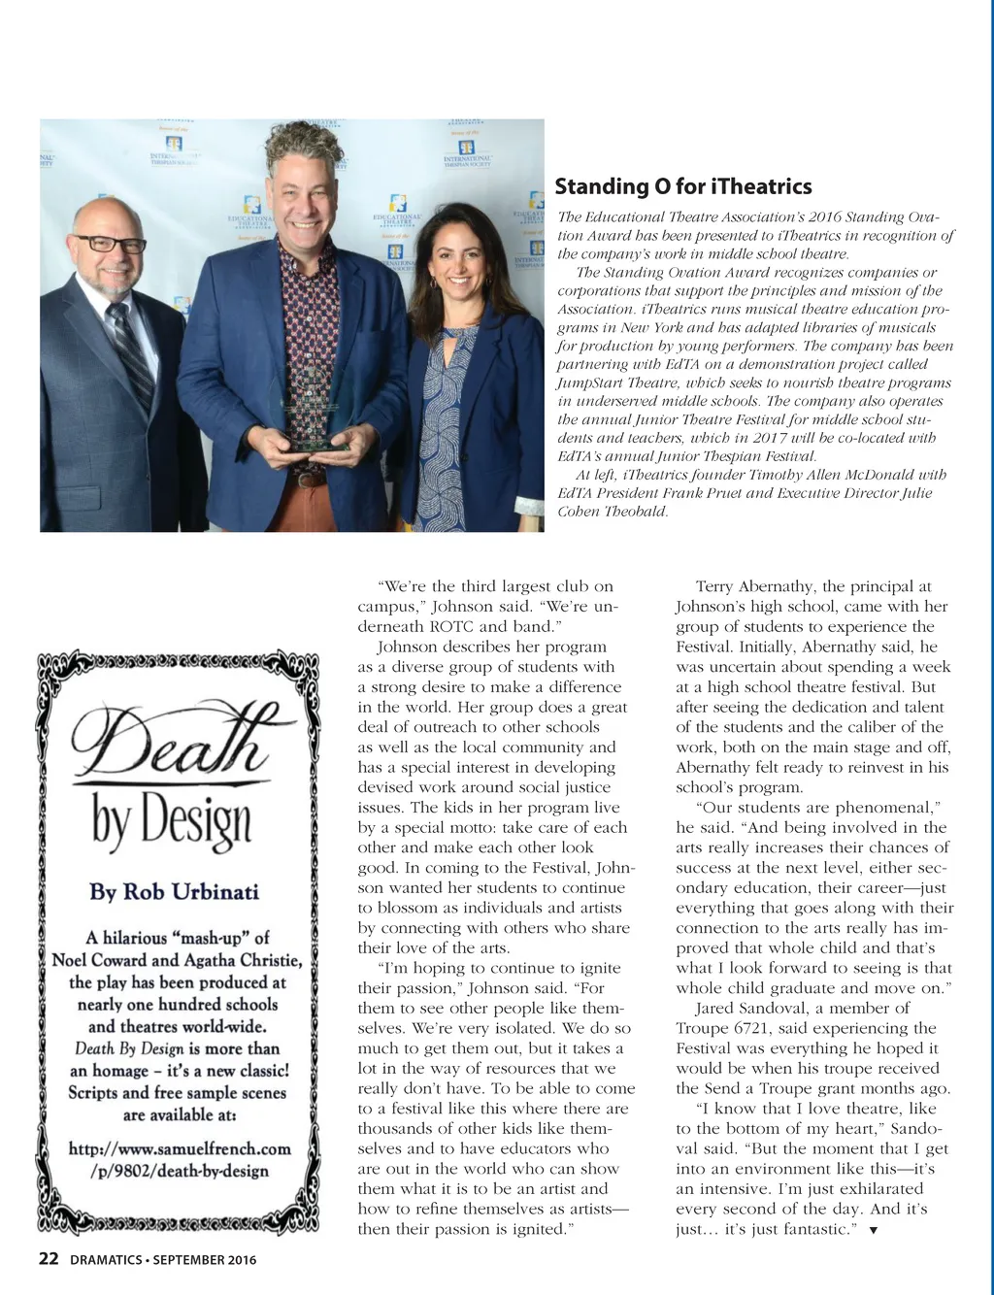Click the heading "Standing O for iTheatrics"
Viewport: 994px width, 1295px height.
(x=683, y=186)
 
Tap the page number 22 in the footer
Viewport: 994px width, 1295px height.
(x=49, y=1259)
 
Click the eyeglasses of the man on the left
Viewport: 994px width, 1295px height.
(x=109, y=243)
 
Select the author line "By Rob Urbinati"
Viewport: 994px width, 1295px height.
(x=175, y=891)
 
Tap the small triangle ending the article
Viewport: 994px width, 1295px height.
(x=874, y=1231)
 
